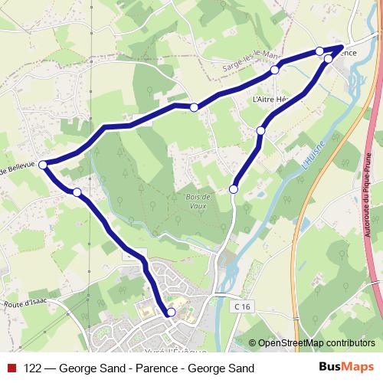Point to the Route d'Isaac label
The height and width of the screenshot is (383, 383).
coord(29,304)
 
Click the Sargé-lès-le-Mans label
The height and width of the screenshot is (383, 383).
coord(253,61)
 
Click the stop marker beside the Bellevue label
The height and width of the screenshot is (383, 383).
coord(44,164)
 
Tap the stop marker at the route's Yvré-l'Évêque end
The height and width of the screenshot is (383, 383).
coord(171,312)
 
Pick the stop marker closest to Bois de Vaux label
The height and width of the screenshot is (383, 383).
coord(234,188)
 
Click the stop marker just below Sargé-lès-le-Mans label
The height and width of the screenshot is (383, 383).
coord(274,70)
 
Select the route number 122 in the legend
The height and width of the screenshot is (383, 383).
coord(34,368)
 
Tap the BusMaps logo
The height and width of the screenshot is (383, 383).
coord(346,368)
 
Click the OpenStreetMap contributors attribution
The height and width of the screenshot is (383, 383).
coord(317,343)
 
